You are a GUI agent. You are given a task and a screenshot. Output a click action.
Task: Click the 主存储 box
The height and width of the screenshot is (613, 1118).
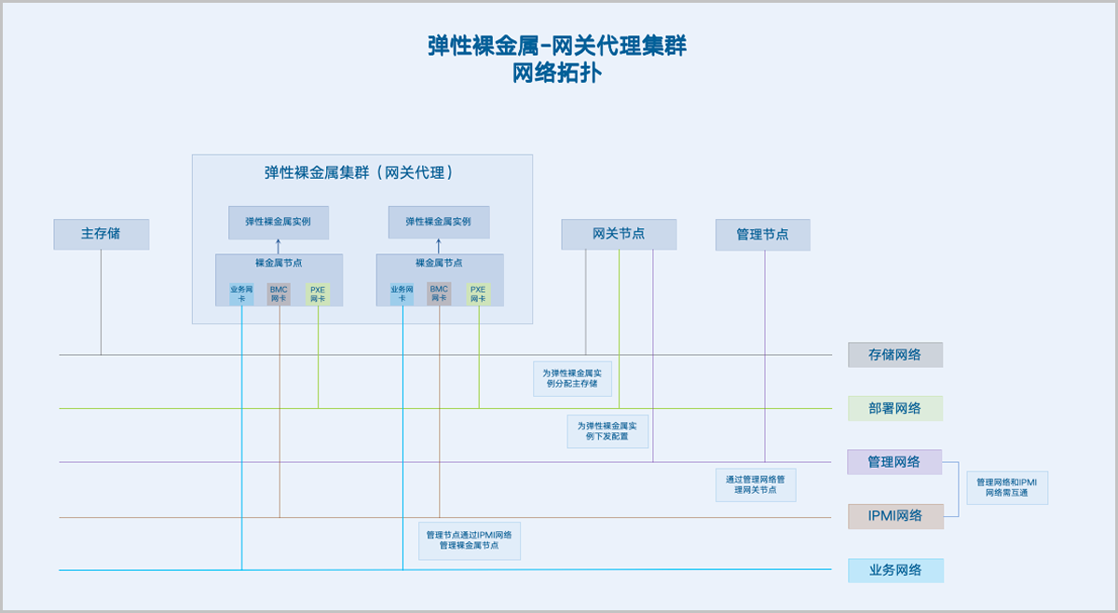pos(101,234)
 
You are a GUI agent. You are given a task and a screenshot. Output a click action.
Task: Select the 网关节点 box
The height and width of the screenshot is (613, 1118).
pos(619,234)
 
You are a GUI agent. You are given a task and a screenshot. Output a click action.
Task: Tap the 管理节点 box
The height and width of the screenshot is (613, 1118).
pos(762,235)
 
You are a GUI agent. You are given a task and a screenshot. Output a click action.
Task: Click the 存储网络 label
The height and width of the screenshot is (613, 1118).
pos(894,355)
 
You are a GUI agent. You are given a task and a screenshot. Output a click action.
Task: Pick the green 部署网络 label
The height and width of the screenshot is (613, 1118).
pos(894,408)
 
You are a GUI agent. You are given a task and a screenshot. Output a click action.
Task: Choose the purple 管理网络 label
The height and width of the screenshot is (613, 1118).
pos(894,462)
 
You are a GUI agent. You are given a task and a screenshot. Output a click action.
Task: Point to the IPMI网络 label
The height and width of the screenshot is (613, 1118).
pos(894,516)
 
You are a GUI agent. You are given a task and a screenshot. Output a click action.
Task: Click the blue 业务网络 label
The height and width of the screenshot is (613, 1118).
pos(894,570)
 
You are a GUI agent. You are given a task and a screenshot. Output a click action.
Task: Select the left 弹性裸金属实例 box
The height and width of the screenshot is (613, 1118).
pos(279,222)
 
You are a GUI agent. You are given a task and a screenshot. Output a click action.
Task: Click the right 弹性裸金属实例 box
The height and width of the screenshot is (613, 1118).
pos(438,222)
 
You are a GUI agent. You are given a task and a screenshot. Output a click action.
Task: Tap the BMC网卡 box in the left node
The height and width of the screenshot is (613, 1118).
pos(279,294)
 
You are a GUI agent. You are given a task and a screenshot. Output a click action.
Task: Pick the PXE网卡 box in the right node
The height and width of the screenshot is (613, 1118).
pos(478,294)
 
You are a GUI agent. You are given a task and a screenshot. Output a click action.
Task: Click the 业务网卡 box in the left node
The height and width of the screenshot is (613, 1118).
pos(241,294)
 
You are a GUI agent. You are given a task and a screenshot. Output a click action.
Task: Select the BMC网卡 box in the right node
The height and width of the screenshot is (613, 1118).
pos(439,294)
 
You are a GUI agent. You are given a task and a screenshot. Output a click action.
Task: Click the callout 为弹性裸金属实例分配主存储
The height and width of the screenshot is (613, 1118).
pos(573,379)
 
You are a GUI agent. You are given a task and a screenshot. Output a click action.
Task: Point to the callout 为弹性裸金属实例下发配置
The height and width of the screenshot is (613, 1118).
pos(607,431)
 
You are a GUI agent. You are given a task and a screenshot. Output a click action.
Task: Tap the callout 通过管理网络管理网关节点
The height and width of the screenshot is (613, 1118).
pos(756,484)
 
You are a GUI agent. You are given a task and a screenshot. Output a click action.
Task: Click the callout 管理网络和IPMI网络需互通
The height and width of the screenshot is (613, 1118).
pos(1007,487)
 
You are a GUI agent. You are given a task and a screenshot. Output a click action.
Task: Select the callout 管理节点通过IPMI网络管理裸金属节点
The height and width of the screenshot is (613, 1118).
pos(469,540)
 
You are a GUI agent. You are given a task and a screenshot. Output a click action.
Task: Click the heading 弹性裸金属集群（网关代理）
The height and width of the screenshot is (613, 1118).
pos(361,172)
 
